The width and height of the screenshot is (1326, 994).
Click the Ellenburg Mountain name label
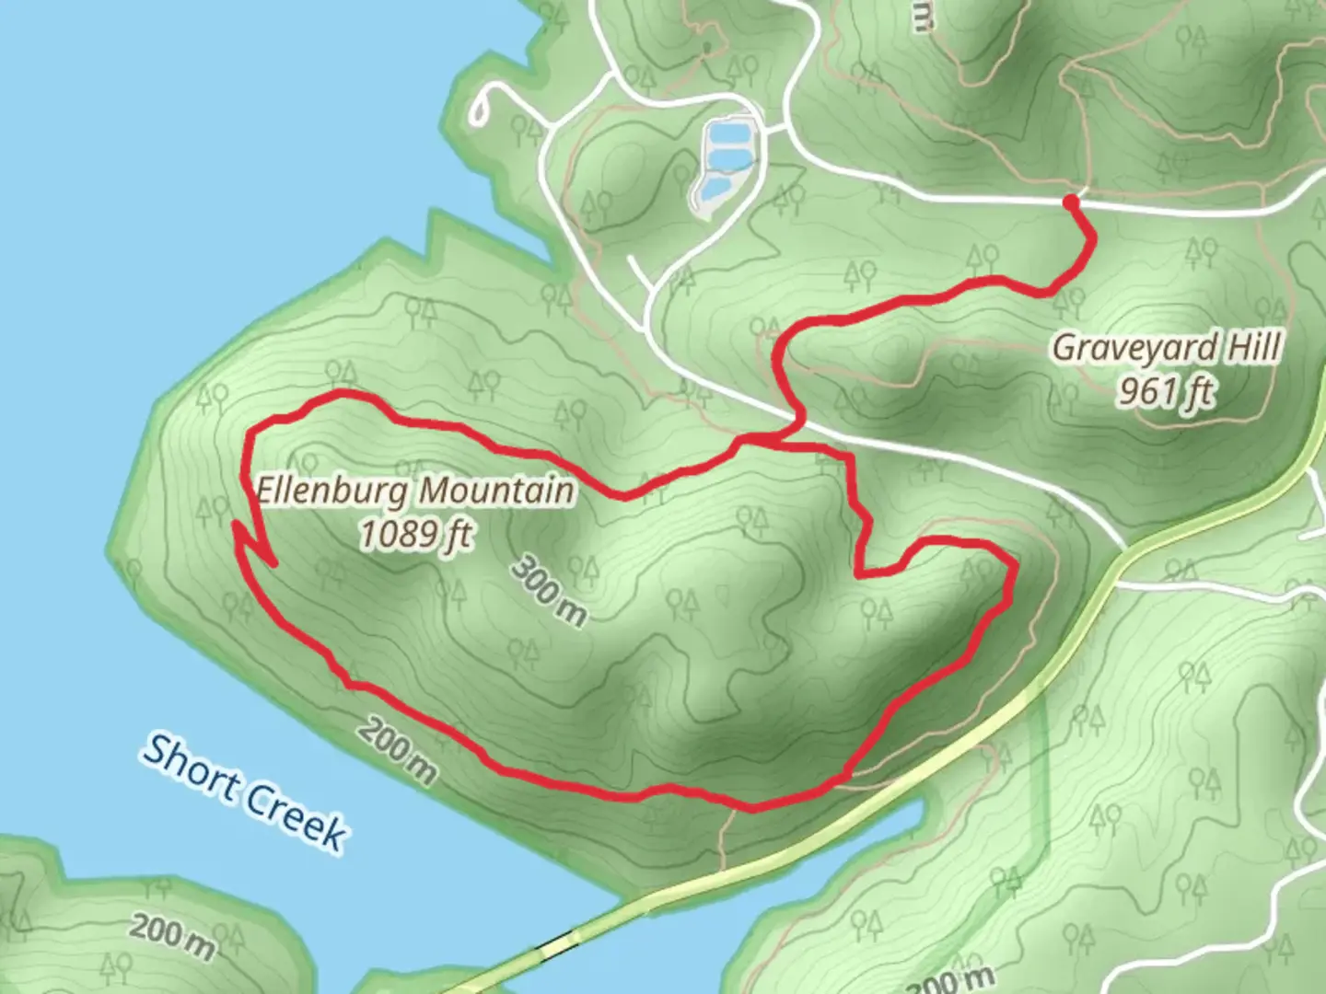(415, 491)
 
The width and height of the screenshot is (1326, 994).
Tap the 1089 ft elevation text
(415, 534)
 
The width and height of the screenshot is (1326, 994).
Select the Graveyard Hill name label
(1167, 348)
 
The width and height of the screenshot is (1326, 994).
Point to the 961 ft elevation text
(1167, 392)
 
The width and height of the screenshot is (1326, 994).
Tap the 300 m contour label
(549, 591)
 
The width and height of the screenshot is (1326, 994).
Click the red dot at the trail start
(1071, 202)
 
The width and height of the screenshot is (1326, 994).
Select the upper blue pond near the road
(727, 138)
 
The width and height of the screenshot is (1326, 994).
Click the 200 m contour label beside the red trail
(397, 750)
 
